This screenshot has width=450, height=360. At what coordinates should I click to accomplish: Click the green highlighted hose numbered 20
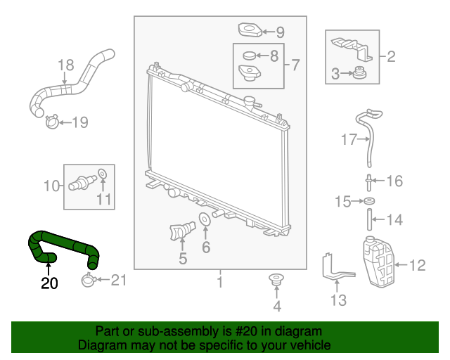[65, 242]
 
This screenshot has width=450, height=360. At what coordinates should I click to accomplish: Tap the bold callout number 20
[49, 283]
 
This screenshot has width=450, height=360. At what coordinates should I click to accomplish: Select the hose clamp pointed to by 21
[87, 280]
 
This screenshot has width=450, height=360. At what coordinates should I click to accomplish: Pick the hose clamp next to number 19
[52, 122]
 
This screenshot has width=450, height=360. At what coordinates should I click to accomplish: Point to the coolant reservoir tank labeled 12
[378, 262]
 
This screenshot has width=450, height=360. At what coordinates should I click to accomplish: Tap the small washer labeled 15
[369, 201]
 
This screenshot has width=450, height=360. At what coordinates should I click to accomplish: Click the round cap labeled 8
[249, 56]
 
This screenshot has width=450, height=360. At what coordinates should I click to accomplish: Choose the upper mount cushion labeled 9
[250, 30]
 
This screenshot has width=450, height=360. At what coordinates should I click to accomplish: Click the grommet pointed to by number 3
[359, 72]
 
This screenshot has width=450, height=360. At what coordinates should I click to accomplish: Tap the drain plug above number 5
[182, 230]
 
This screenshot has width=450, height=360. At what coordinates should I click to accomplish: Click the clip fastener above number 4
[276, 281]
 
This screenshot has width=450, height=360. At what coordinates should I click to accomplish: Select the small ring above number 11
[102, 174]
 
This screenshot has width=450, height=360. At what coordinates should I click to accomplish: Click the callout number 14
[395, 220]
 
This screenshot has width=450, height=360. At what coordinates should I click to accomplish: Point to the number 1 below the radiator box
[220, 282]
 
